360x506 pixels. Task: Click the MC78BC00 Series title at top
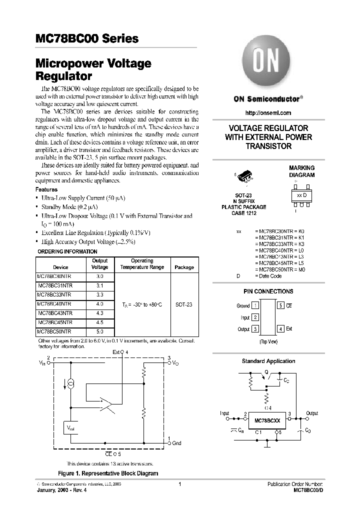click(87, 39)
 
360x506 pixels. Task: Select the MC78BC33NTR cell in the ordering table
click(55, 294)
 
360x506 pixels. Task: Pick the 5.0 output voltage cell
click(99, 331)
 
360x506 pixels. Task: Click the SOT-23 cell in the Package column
click(184, 304)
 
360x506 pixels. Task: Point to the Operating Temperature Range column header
click(142, 264)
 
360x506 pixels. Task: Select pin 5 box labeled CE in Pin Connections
click(281, 305)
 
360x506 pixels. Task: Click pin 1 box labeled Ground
click(255, 305)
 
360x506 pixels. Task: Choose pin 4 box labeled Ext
click(281, 328)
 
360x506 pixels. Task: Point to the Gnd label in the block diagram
click(176, 443)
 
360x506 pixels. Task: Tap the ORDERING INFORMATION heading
click(68, 251)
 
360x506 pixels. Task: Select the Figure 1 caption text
click(108, 473)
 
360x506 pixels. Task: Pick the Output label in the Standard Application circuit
click(312, 413)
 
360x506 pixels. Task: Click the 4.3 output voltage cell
click(99, 313)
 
